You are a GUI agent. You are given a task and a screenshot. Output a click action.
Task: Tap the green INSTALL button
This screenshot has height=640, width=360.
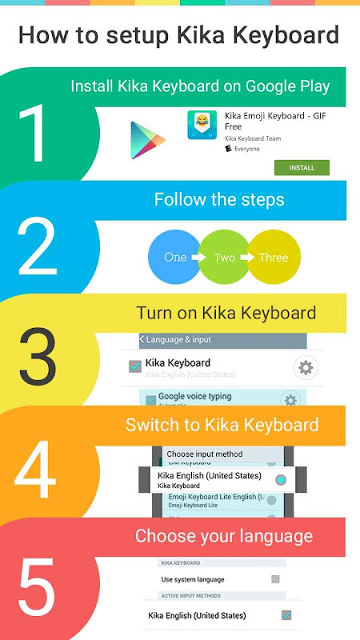(x=302, y=168)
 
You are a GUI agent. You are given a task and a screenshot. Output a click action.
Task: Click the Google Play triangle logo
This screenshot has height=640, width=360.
(x=147, y=140)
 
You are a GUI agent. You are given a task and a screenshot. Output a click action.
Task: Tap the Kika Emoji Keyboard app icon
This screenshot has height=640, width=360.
(x=202, y=126)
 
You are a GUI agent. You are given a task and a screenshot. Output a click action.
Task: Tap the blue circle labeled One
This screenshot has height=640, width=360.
(x=175, y=258)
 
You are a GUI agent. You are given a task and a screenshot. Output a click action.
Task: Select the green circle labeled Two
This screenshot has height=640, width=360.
(x=225, y=258)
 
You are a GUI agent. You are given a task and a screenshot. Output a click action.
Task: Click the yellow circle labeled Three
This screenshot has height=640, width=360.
(x=274, y=258)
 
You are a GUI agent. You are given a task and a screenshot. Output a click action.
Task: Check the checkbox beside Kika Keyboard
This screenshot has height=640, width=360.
(x=135, y=366)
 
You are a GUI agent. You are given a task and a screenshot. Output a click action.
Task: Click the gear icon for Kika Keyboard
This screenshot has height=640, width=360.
(x=305, y=368)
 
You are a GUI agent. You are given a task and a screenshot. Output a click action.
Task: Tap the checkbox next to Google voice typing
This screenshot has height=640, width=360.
(x=150, y=399)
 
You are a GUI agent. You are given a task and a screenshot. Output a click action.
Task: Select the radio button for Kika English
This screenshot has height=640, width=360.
(x=280, y=480)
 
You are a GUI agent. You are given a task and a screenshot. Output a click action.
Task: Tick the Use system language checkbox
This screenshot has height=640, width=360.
(x=275, y=578)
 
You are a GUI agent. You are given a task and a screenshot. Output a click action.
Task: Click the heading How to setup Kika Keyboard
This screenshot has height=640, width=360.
(x=179, y=35)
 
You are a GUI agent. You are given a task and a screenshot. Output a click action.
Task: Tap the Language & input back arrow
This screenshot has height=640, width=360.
(x=142, y=340)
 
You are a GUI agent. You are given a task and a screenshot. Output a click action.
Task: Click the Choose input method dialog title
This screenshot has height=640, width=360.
(x=204, y=454)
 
